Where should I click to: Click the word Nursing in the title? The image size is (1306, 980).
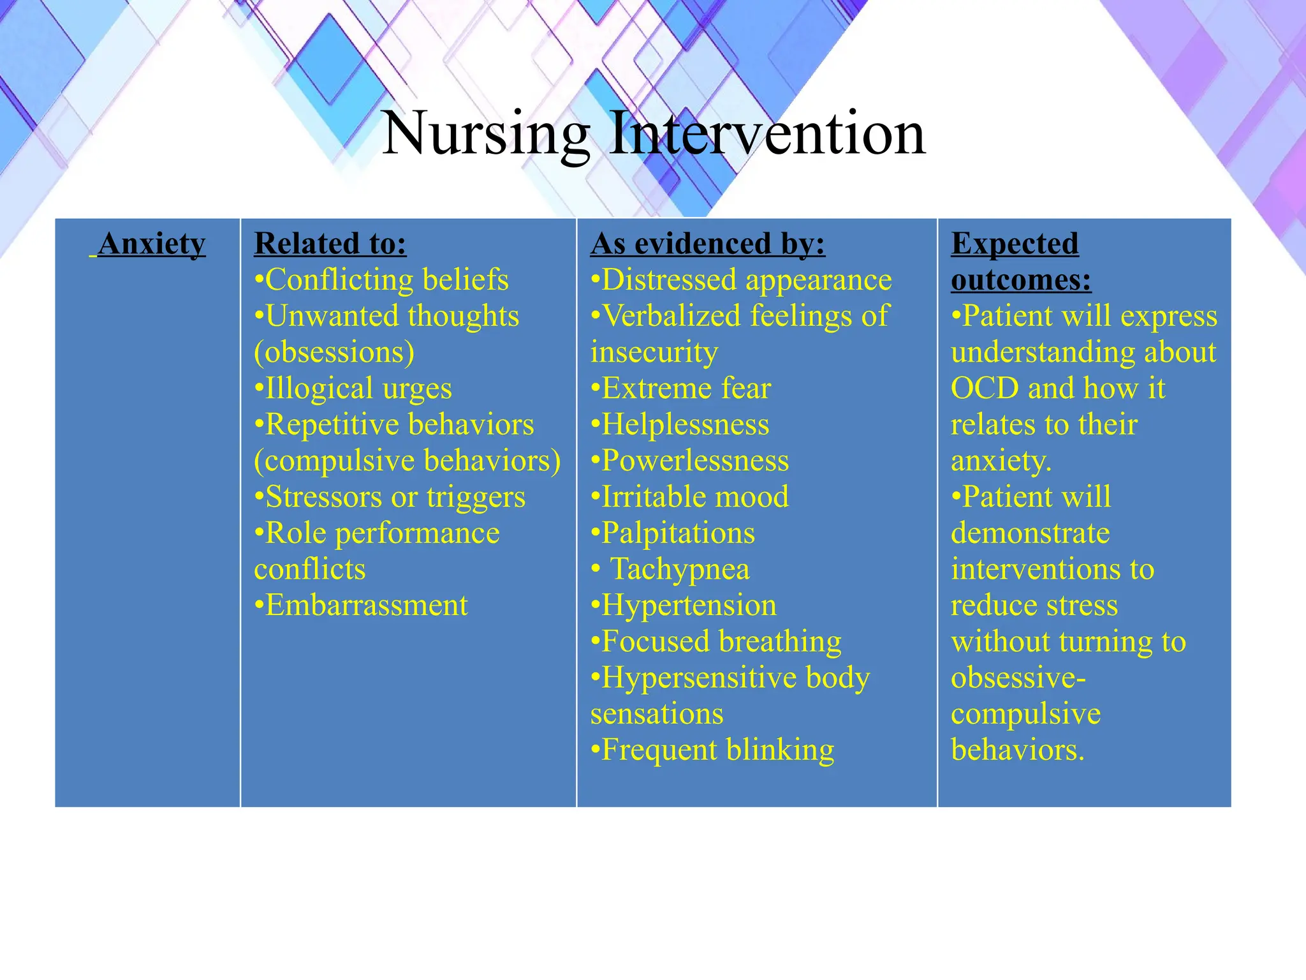(x=486, y=134)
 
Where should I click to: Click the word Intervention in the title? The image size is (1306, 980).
(x=767, y=134)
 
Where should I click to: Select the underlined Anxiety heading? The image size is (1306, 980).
(x=152, y=244)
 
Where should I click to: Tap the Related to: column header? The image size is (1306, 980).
(x=330, y=244)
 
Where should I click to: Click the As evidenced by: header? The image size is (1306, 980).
(x=708, y=244)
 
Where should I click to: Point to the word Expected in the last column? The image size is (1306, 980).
(x=1015, y=244)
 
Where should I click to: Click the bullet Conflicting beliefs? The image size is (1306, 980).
(x=381, y=280)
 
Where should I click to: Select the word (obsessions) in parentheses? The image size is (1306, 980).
(x=334, y=352)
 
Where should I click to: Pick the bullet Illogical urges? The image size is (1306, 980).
(x=353, y=389)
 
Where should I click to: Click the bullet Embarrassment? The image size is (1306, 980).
(x=361, y=605)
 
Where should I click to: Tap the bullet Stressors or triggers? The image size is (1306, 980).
(x=390, y=497)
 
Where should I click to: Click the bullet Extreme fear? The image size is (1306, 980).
(x=681, y=389)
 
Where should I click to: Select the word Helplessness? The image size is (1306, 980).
(x=685, y=425)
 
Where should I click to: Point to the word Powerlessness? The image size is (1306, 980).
(x=695, y=461)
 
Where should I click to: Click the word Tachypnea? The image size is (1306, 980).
(x=680, y=569)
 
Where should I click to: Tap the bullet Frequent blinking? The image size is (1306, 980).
(x=712, y=750)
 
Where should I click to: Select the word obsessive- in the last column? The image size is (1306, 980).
(x=1018, y=678)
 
